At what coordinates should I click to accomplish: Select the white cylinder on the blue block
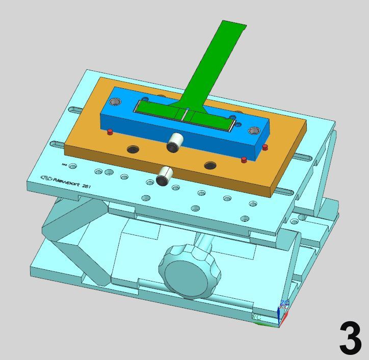coord(176,142)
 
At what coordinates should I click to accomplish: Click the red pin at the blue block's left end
coord(109,133)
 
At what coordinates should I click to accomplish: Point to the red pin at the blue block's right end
coord(264,147)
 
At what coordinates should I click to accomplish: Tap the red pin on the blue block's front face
coord(244,160)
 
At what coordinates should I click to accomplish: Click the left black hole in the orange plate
coord(133,149)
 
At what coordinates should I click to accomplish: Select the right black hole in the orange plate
coord(210,165)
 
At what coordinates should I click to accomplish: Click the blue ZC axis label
coord(284,303)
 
